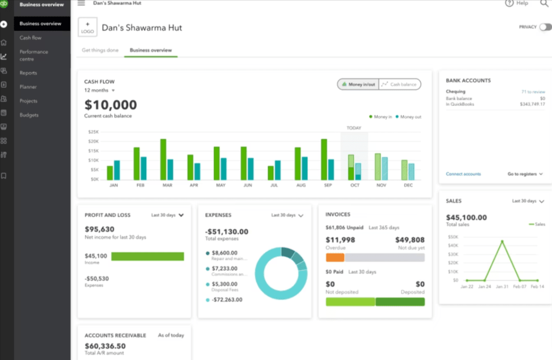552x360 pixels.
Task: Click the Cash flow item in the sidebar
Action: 31,38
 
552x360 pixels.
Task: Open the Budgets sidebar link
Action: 29,115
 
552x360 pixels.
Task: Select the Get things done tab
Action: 100,50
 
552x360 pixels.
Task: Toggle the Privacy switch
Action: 545,27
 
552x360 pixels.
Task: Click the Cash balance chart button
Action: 400,84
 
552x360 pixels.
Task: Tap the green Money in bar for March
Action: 163,159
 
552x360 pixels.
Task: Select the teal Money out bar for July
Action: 278,170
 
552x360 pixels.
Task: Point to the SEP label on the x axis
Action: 327,185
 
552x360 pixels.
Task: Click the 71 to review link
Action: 533,92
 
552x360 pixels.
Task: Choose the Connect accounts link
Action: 463,174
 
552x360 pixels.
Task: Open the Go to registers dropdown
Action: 525,174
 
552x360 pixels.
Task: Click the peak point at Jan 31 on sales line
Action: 502,241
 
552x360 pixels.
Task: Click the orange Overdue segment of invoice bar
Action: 335,257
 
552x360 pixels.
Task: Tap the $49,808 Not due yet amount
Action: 410,240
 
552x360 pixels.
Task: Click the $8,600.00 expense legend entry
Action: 224,253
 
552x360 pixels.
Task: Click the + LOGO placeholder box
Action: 87,27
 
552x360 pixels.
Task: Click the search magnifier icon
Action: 544,4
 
